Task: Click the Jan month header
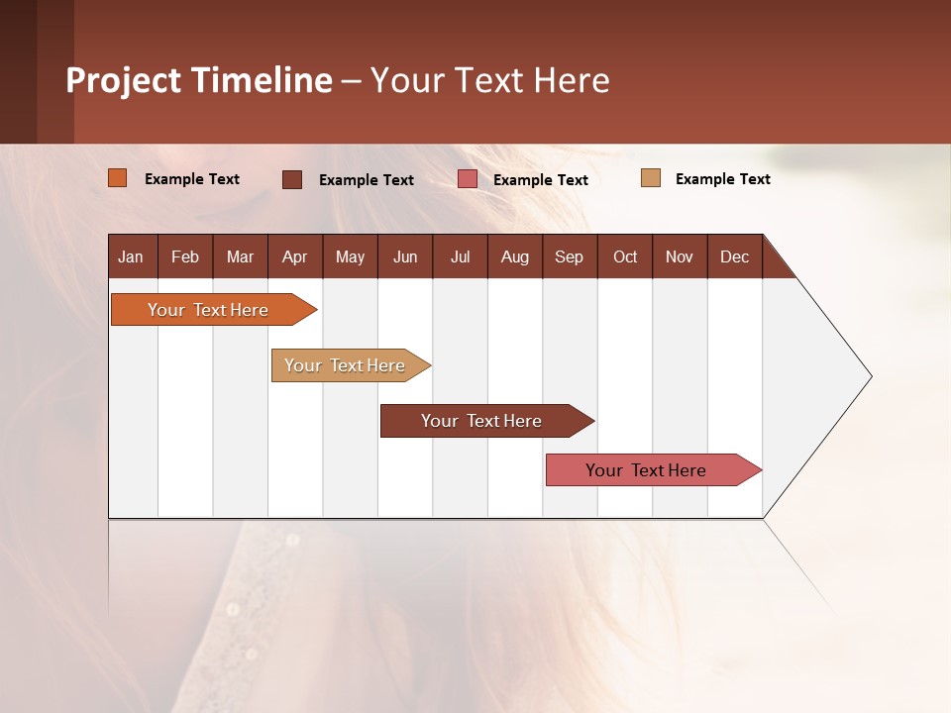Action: coord(131,256)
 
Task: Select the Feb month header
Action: coord(185,256)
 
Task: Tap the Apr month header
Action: coord(294,256)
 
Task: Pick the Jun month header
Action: coord(405,256)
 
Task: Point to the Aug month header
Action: coord(514,256)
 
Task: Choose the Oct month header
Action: coord(625,256)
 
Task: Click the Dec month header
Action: coord(734,256)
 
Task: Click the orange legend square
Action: coord(117,178)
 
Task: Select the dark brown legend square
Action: coord(291,179)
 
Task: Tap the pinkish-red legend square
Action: coord(468,179)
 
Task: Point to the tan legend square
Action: coord(650,178)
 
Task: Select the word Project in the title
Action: coord(124,80)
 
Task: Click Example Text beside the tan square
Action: coord(722,179)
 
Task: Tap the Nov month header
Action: coord(680,256)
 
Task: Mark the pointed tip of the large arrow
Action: coord(871,376)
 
